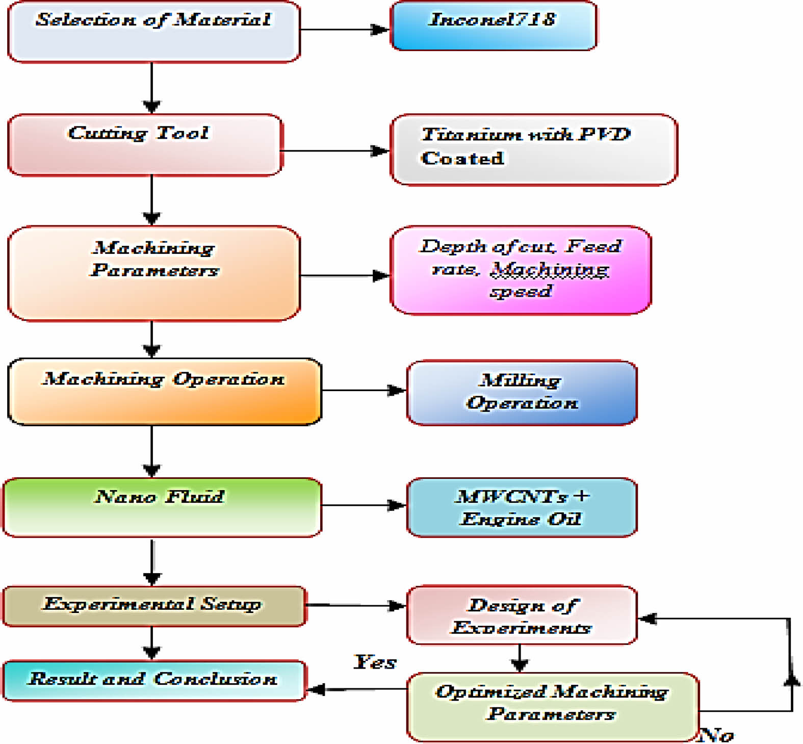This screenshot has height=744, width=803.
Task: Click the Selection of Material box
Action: pyautogui.click(x=153, y=32)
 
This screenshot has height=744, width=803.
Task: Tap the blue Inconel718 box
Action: pyautogui.click(x=493, y=25)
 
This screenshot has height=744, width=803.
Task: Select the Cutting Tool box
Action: pyautogui.click(x=145, y=145)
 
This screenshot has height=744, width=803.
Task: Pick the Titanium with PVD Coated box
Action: pyautogui.click(x=533, y=149)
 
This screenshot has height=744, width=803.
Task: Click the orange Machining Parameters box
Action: pyautogui.click(x=153, y=274)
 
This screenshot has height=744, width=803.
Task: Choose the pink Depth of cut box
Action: pyautogui.click(x=520, y=270)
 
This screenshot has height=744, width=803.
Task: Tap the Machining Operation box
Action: pyautogui.click(x=164, y=392)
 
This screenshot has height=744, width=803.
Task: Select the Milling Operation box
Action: pyautogui.click(x=522, y=393)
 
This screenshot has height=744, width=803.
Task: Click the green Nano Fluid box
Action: pyautogui.click(x=162, y=507)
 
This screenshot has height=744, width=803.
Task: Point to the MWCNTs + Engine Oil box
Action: pyautogui.click(x=522, y=507)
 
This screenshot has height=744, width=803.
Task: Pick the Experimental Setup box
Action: pyautogui.click(x=154, y=606)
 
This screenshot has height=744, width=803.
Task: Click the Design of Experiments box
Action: pyautogui.click(x=522, y=615)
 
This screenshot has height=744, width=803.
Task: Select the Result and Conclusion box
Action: pyautogui.click(x=154, y=680)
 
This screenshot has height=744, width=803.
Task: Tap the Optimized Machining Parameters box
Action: pyautogui.click(x=553, y=706)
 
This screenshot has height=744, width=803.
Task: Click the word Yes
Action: pyautogui.click(x=375, y=662)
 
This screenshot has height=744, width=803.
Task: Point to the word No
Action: pyautogui.click(x=716, y=735)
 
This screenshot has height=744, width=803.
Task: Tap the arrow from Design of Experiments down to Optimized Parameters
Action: pyautogui.click(x=519, y=658)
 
